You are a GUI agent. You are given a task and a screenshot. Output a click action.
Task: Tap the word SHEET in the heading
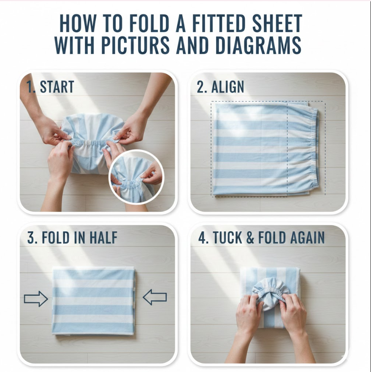(x=277, y=23)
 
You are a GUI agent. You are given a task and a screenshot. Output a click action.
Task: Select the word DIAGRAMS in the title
(x=258, y=45)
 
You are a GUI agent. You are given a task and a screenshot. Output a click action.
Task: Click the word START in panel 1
(x=57, y=86)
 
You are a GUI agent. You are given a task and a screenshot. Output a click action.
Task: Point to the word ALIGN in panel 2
(x=227, y=87)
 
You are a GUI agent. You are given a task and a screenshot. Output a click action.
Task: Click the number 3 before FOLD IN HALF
(x=31, y=237)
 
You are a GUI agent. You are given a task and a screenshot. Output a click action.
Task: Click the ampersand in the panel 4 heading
(x=250, y=237)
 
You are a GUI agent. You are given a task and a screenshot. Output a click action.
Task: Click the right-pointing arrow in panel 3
(x=36, y=299)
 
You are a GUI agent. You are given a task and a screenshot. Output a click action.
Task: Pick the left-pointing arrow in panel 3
(x=155, y=297)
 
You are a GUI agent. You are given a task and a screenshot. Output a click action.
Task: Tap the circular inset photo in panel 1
(x=136, y=177)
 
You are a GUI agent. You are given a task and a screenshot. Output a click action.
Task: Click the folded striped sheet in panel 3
(x=94, y=301)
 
